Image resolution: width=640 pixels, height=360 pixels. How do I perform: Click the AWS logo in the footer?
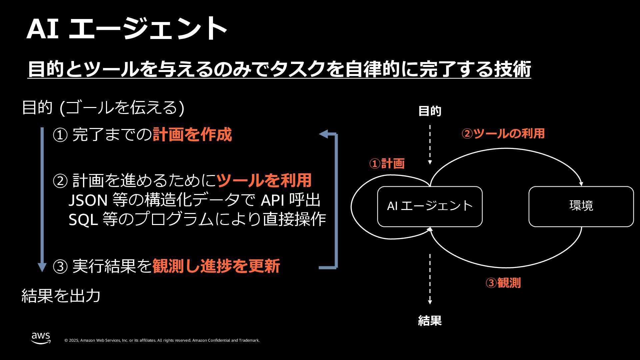41,338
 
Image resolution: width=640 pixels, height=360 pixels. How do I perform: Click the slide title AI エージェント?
127,29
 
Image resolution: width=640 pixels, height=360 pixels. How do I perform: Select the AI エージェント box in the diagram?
430,206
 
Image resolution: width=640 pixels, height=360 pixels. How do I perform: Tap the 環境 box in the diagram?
581,206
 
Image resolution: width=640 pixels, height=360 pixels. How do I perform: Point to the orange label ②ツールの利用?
503,134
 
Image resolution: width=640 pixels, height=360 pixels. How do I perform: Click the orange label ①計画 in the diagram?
387,164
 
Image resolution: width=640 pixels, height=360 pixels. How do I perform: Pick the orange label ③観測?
503,283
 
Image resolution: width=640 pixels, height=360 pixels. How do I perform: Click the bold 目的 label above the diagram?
430,111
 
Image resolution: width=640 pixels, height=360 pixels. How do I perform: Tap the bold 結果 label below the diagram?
430,321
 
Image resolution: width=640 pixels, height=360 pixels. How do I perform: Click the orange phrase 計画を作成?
192,135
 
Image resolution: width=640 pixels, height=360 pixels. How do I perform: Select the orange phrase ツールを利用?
264,180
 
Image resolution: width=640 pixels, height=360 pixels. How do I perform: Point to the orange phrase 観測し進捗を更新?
216,266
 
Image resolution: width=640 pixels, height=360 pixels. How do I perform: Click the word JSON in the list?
88,200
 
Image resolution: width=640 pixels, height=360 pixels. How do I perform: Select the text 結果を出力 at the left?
61,296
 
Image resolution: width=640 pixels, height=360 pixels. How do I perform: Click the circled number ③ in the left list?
60,267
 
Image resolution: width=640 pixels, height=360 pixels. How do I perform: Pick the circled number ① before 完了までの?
60,135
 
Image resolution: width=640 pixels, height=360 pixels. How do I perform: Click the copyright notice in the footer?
162,340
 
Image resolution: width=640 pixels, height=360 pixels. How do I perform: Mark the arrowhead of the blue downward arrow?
42,267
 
